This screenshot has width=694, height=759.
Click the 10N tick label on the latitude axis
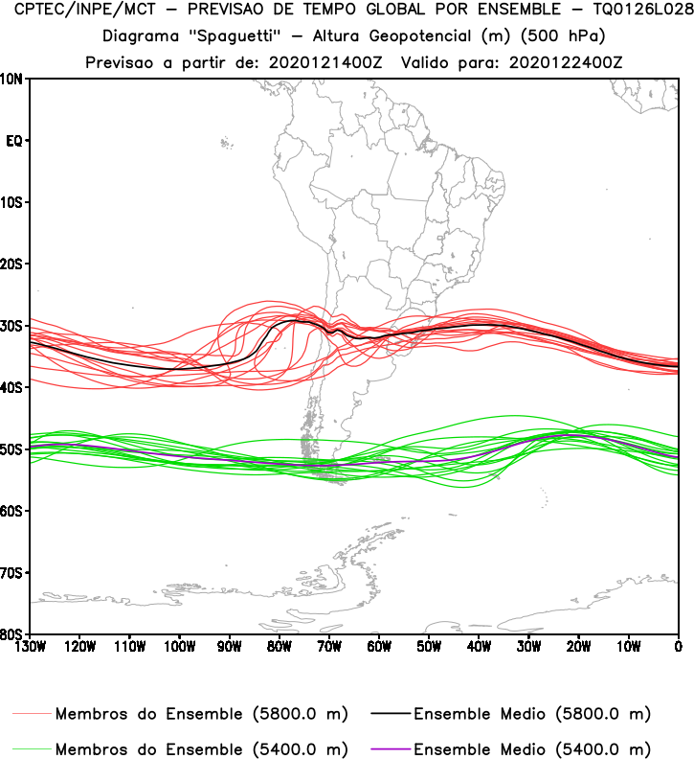coord(13,79)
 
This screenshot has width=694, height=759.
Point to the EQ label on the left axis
coord(14,141)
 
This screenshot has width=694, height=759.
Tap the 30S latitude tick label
coord(13,326)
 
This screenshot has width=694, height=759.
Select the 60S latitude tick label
coord(13,511)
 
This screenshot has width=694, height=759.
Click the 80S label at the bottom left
coord(13,634)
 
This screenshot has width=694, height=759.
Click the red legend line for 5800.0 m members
coord(32,715)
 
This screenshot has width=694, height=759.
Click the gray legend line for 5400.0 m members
coord(32,748)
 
